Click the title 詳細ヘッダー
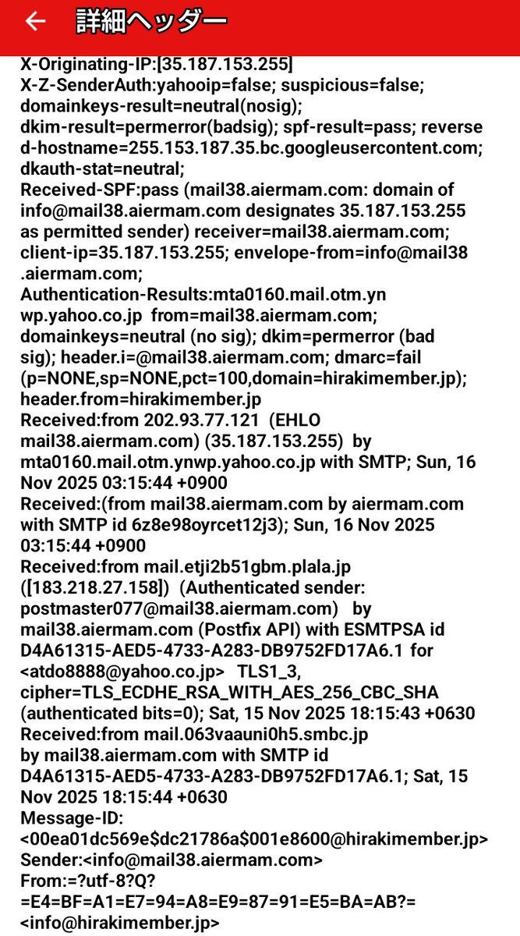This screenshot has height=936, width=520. click(x=151, y=22)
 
